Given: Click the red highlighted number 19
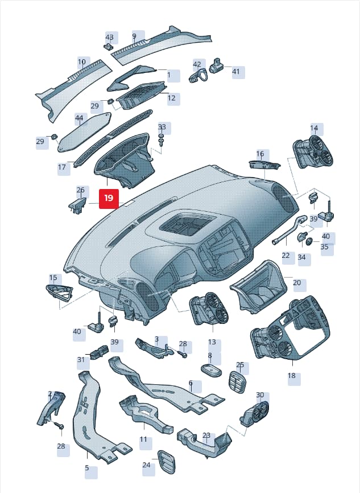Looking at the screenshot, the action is pos(109,198).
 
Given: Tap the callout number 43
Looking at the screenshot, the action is pos(109,37).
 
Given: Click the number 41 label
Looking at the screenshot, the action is pos(236,71).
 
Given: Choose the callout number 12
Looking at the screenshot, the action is pos(172,98).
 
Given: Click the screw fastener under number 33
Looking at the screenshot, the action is pos(162,140).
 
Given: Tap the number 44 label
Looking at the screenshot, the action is pos(79,118).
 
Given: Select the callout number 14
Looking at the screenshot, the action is pos(314,128).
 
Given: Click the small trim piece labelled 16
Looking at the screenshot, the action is pos(264,165).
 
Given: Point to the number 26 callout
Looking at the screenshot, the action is pos(81,190).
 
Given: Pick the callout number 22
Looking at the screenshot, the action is pos(285,255).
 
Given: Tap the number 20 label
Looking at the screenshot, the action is pos(297,282).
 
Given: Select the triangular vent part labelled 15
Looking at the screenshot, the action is pos(60,293).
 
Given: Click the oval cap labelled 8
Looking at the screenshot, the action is pos(211,370).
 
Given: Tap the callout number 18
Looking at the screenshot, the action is pos(292,375).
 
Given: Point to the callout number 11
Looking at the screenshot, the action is pos(143,439).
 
